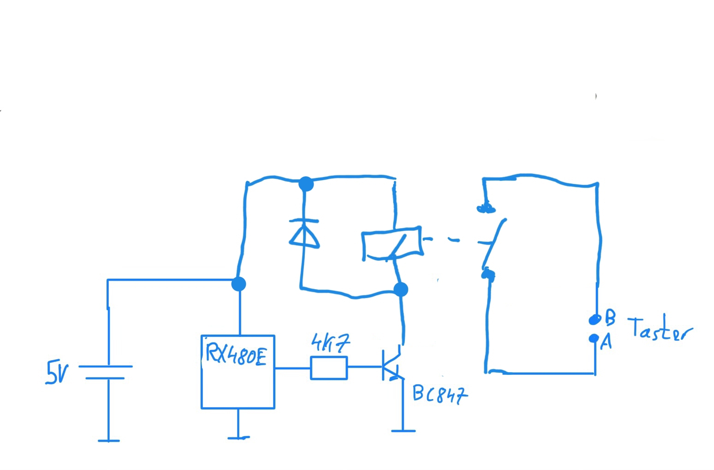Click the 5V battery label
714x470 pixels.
coord(57,373)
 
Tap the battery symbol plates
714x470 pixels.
coord(106,372)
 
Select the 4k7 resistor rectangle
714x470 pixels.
coord(329,368)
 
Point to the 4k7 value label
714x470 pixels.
coord(330,343)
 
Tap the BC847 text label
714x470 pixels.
coord(440,394)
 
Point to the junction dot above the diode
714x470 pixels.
coord(306,184)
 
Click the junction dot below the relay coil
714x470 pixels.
coord(401,289)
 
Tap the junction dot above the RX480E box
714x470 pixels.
coord(239,283)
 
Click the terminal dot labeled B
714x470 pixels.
coord(595,319)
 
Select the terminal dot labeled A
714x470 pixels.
coord(594,338)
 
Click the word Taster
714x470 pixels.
coord(660,329)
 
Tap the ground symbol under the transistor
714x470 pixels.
coord(403,430)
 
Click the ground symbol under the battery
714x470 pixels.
coord(108,440)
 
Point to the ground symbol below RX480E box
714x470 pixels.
coord(238,437)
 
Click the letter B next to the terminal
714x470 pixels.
coord(610,317)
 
